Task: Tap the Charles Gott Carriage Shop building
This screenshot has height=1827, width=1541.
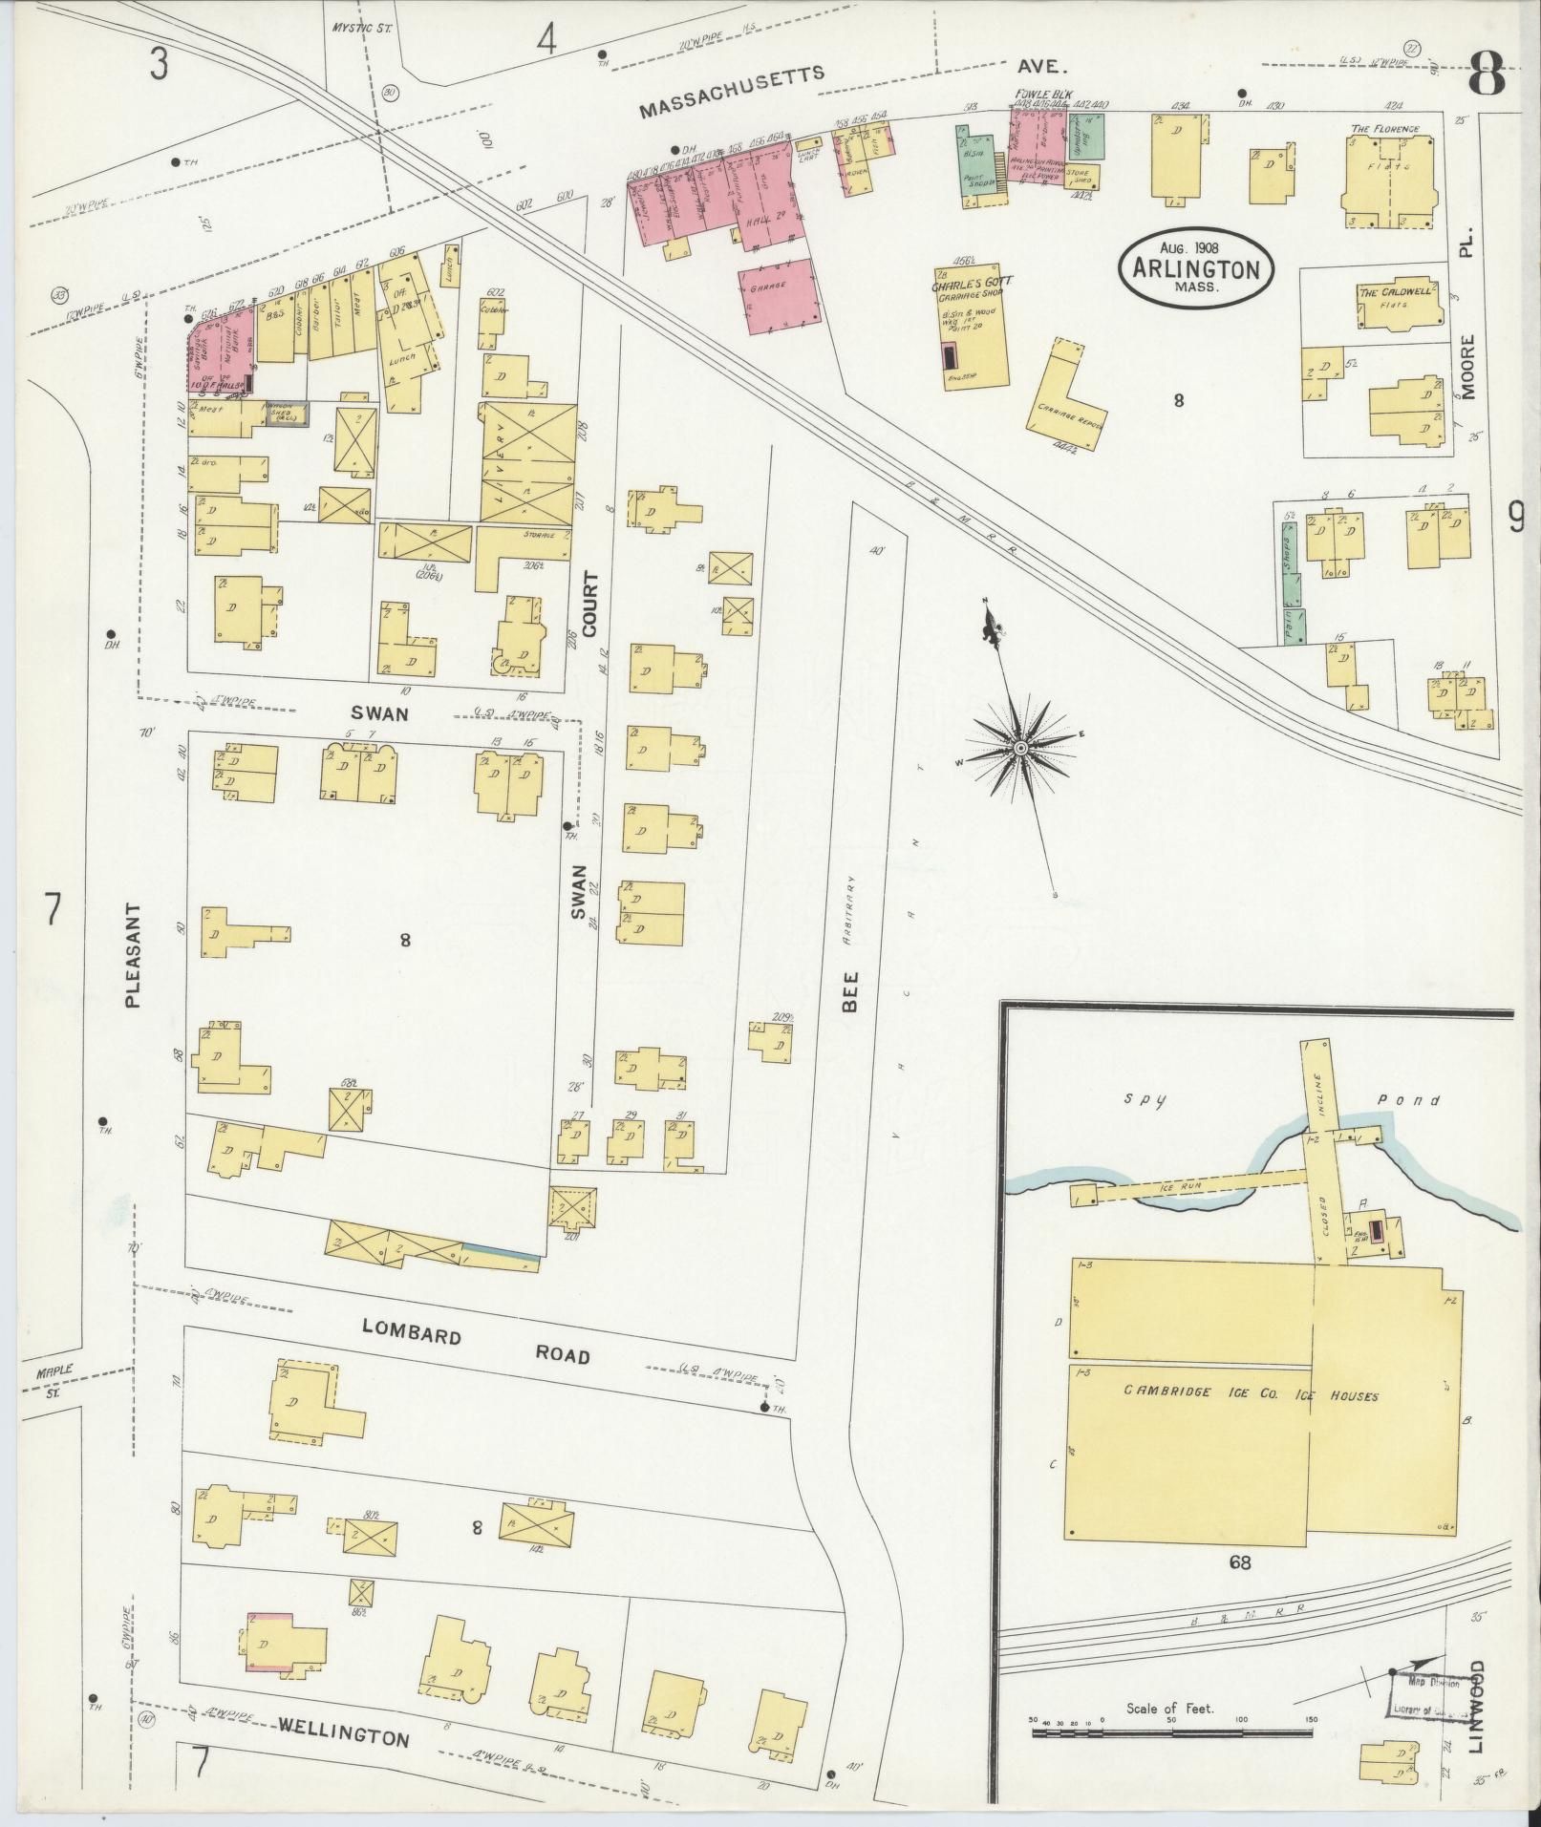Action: (973, 325)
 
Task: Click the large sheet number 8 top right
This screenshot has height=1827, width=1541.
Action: (1488, 72)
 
